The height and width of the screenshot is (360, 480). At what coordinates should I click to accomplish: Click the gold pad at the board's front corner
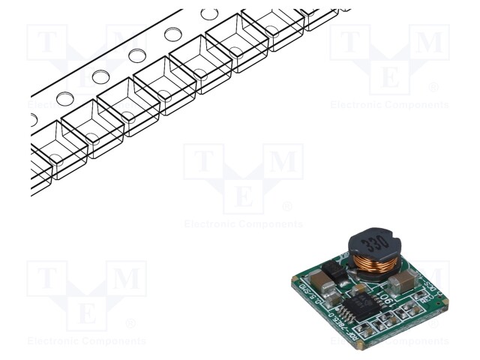[x=358, y=346]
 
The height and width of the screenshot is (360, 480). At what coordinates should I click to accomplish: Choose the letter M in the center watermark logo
[x=282, y=163]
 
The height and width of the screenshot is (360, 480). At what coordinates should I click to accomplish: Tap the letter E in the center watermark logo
[x=243, y=196]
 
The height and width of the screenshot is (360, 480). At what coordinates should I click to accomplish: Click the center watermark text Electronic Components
[x=243, y=224]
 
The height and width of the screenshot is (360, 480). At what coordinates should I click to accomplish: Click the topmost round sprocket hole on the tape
[x=210, y=14]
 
